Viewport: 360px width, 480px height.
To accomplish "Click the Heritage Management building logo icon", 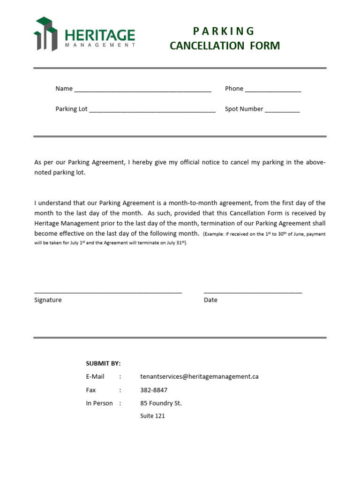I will (x=45, y=34).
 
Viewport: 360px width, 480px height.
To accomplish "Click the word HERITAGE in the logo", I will (x=100, y=35).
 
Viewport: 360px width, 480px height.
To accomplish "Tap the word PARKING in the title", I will (x=224, y=31).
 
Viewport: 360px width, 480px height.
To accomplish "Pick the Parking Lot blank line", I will (x=152, y=111).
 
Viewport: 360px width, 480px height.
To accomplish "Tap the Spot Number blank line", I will (x=282, y=111).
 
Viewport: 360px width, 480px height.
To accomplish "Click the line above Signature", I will (x=108, y=292).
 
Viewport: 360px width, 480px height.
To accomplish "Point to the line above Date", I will (x=253, y=292).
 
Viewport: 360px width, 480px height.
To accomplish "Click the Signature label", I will (x=48, y=300).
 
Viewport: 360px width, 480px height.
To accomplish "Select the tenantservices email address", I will (x=199, y=376).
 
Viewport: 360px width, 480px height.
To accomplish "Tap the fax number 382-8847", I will (x=154, y=390).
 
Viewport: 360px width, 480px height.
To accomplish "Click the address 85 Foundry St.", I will (x=161, y=403).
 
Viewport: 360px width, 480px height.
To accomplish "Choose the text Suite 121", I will (x=152, y=416).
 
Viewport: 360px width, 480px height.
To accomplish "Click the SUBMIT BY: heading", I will (x=103, y=363).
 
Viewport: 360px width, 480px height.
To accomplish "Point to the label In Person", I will (x=99, y=403).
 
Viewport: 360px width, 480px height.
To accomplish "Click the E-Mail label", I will (x=95, y=376).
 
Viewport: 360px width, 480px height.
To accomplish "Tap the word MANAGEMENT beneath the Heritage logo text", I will (x=100, y=45).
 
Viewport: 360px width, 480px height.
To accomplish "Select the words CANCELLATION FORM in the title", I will (x=225, y=46).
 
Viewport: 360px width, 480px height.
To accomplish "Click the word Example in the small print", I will (x=215, y=234).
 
